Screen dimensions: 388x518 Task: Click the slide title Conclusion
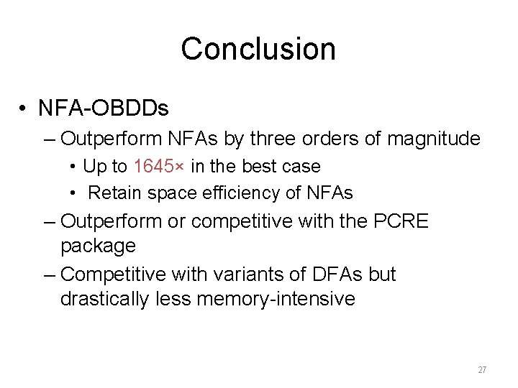point(258,49)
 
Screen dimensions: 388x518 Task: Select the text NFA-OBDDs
point(104,108)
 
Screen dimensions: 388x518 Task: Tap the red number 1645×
point(159,166)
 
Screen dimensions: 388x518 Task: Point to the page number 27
point(482,369)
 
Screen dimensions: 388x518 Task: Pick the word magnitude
point(433,138)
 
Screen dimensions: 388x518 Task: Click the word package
point(99,246)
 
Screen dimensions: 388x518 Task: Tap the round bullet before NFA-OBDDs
point(24,109)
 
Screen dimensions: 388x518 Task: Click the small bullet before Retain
point(74,193)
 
